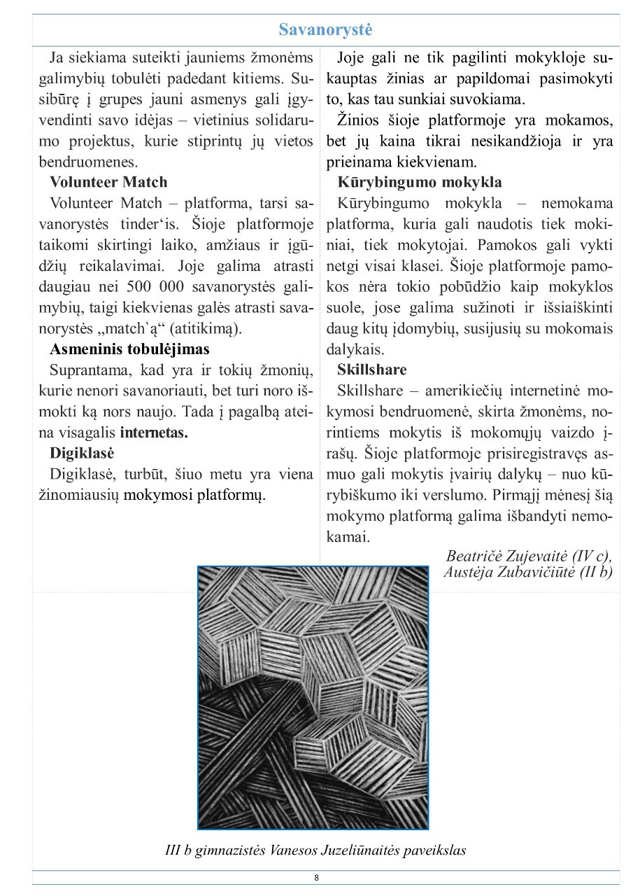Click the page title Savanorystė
[x=325, y=30]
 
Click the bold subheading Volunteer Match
[x=108, y=182]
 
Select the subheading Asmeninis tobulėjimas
[x=129, y=349]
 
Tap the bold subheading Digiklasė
[x=82, y=452]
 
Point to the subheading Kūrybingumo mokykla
[x=420, y=182]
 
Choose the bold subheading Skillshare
[x=371, y=369]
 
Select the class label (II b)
[x=595, y=571]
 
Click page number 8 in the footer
[x=316, y=878]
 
